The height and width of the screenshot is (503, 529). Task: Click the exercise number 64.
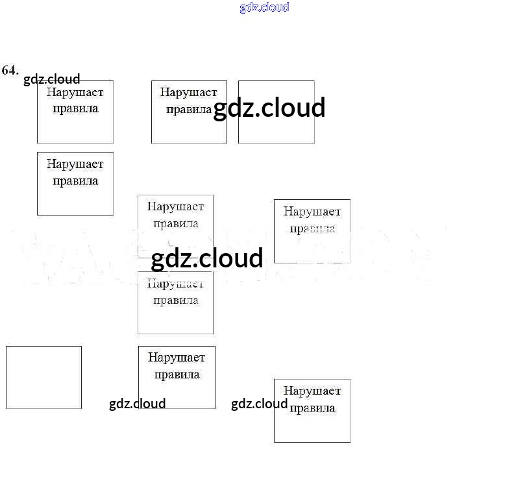tap(10, 70)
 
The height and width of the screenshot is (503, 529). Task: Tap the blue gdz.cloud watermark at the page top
tap(264, 7)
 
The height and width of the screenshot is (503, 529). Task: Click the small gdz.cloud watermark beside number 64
tap(52, 79)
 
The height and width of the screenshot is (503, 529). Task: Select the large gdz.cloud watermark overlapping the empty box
tap(269, 108)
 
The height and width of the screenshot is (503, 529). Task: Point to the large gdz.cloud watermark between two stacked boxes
tap(207, 258)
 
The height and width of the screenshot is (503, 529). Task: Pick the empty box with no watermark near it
tap(43, 377)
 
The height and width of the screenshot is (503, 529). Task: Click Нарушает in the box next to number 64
tap(75, 92)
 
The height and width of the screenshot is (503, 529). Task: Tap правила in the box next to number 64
tap(75, 108)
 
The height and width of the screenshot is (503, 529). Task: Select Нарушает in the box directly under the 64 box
tap(75, 164)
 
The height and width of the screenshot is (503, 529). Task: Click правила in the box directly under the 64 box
tap(75, 180)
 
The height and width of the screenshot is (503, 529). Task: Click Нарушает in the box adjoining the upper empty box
tap(188, 92)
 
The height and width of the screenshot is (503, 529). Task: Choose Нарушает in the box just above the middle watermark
tap(175, 206)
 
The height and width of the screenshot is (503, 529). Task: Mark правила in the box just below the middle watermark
tap(175, 300)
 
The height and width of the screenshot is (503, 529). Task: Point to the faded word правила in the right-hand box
tap(312, 228)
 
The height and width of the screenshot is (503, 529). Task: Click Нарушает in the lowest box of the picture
tap(312, 391)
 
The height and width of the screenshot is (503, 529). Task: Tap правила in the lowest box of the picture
tap(312, 408)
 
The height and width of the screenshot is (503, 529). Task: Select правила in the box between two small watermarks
tap(176, 374)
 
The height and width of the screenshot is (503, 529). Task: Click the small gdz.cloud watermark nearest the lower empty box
tap(137, 404)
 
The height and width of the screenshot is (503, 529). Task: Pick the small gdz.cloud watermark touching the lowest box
tap(259, 404)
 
